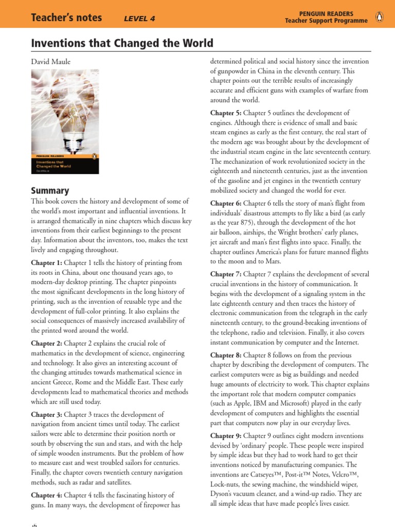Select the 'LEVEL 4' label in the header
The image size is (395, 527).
click(139, 19)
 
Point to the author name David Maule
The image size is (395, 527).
click(51, 62)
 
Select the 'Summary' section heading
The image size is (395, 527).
click(50, 190)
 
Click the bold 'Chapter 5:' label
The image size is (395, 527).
click(227, 113)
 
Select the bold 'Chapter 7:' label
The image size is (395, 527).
click(227, 274)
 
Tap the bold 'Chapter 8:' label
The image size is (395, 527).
click(227, 355)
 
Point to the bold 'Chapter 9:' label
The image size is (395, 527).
click(227, 436)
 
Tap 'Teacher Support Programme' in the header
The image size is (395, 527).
click(327, 21)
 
